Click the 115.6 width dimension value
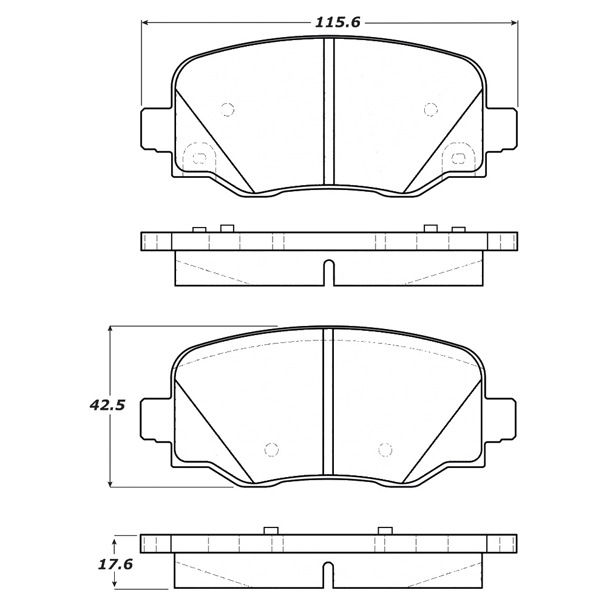[337, 22]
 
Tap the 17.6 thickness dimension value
[115, 565]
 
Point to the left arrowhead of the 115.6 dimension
[145, 23]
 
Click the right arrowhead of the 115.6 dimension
[514, 23]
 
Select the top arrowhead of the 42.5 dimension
[110, 330]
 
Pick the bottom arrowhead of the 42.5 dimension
[110, 483]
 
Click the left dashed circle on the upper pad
[227, 109]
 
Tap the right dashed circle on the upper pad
[430, 109]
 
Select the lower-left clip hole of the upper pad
[199, 157]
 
